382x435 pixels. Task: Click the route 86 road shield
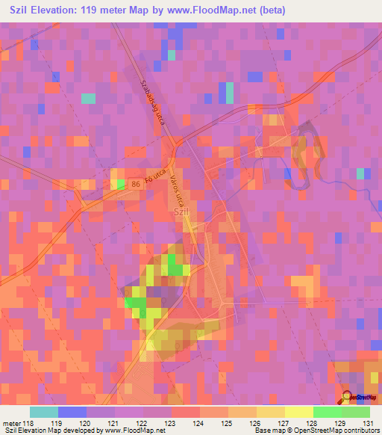click(135, 183)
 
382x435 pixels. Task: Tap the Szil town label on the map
click(181, 212)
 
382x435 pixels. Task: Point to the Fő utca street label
click(154, 178)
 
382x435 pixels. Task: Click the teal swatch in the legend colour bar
click(44, 412)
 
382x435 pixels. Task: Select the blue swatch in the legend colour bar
click(72, 412)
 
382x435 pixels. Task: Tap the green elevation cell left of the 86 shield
click(122, 183)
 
